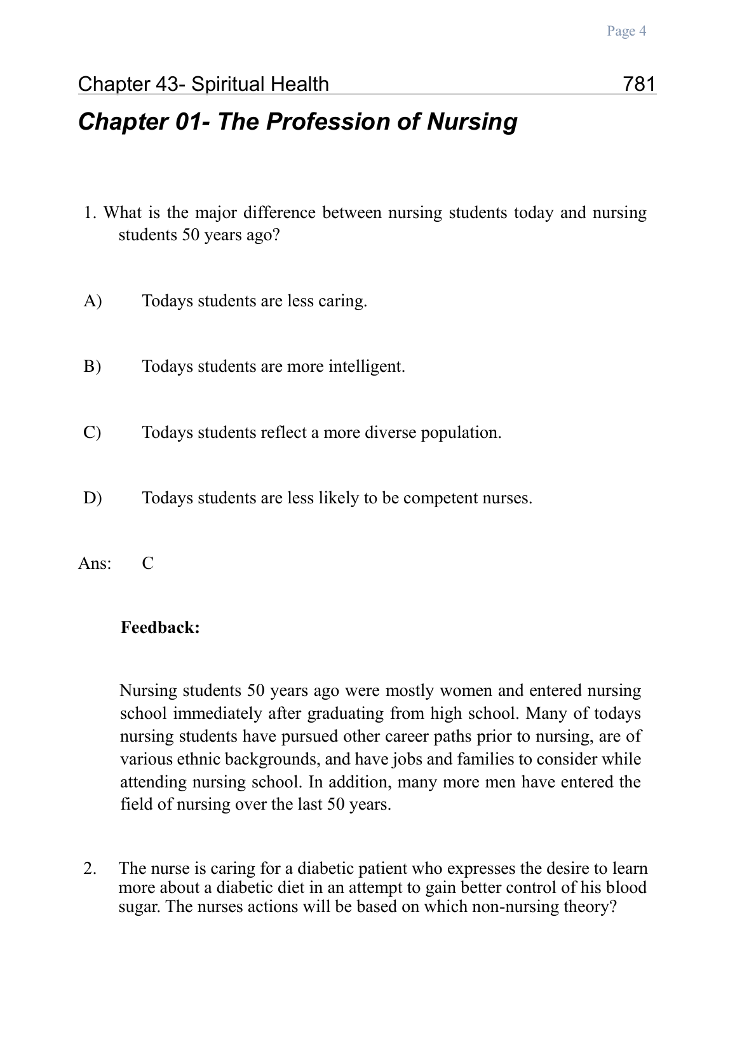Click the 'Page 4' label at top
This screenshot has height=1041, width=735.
point(626,31)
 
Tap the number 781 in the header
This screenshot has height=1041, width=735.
point(639,84)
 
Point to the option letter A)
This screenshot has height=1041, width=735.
point(93,301)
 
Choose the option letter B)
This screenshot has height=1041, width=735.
point(93,367)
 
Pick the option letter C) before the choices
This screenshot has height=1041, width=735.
point(93,432)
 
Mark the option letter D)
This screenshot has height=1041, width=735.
point(93,498)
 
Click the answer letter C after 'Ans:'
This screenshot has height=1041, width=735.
point(148,564)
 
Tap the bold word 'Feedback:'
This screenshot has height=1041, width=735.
point(160,628)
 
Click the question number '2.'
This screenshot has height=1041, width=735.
point(90,868)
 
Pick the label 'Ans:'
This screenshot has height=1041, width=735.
point(95,564)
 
